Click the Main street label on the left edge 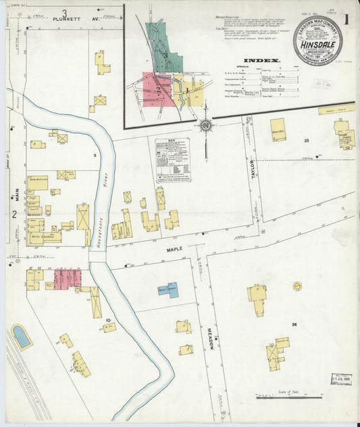click(x=14, y=195)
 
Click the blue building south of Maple click(x=168, y=291)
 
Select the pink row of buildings click(x=67, y=278)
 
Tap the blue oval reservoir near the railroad click(x=22, y=336)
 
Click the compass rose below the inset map click(x=205, y=125)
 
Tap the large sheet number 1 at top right click(x=346, y=19)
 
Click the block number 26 click(x=294, y=325)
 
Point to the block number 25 click(x=306, y=140)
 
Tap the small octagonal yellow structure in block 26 click(x=297, y=286)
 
